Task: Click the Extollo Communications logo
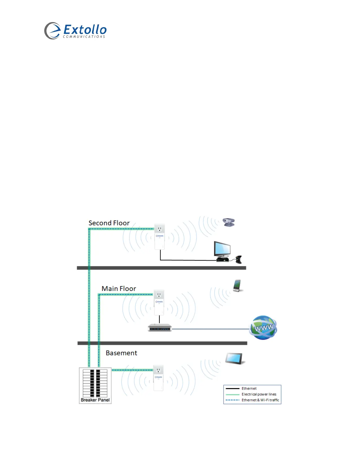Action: coord(75,31)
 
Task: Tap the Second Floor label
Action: coord(109,223)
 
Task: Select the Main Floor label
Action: coord(119,289)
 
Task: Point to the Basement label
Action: coord(121,353)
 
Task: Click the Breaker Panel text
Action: coord(95,400)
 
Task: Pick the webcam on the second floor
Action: coord(229,222)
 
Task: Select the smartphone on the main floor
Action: coord(237,286)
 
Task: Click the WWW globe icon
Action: coord(263,327)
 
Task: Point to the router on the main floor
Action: coord(159,327)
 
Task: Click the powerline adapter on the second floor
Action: coord(159,237)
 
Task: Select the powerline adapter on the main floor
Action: coord(159,303)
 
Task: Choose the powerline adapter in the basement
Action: coord(158,378)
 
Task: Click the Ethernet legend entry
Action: coord(249,389)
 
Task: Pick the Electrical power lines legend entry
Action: coord(259,394)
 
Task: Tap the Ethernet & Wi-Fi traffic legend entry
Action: coord(260,400)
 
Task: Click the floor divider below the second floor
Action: coord(161,268)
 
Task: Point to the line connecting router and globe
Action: coord(210,329)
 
